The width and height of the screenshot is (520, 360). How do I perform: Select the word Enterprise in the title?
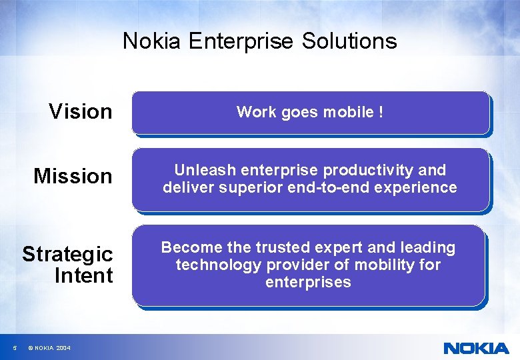(241, 41)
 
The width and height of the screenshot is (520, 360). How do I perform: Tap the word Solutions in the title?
(349, 41)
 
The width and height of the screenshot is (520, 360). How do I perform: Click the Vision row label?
(81, 111)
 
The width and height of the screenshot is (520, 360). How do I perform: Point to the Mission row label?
(73, 176)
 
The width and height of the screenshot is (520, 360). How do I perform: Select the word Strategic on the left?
(67, 254)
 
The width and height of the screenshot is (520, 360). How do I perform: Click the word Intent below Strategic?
(83, 275)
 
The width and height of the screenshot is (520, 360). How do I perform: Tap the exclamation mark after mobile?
(381, 112)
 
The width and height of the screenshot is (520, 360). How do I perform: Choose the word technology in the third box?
(219, 265)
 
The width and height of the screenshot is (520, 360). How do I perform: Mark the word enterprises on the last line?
(308, 282)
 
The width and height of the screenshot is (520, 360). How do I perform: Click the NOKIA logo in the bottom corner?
(475, 347)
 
